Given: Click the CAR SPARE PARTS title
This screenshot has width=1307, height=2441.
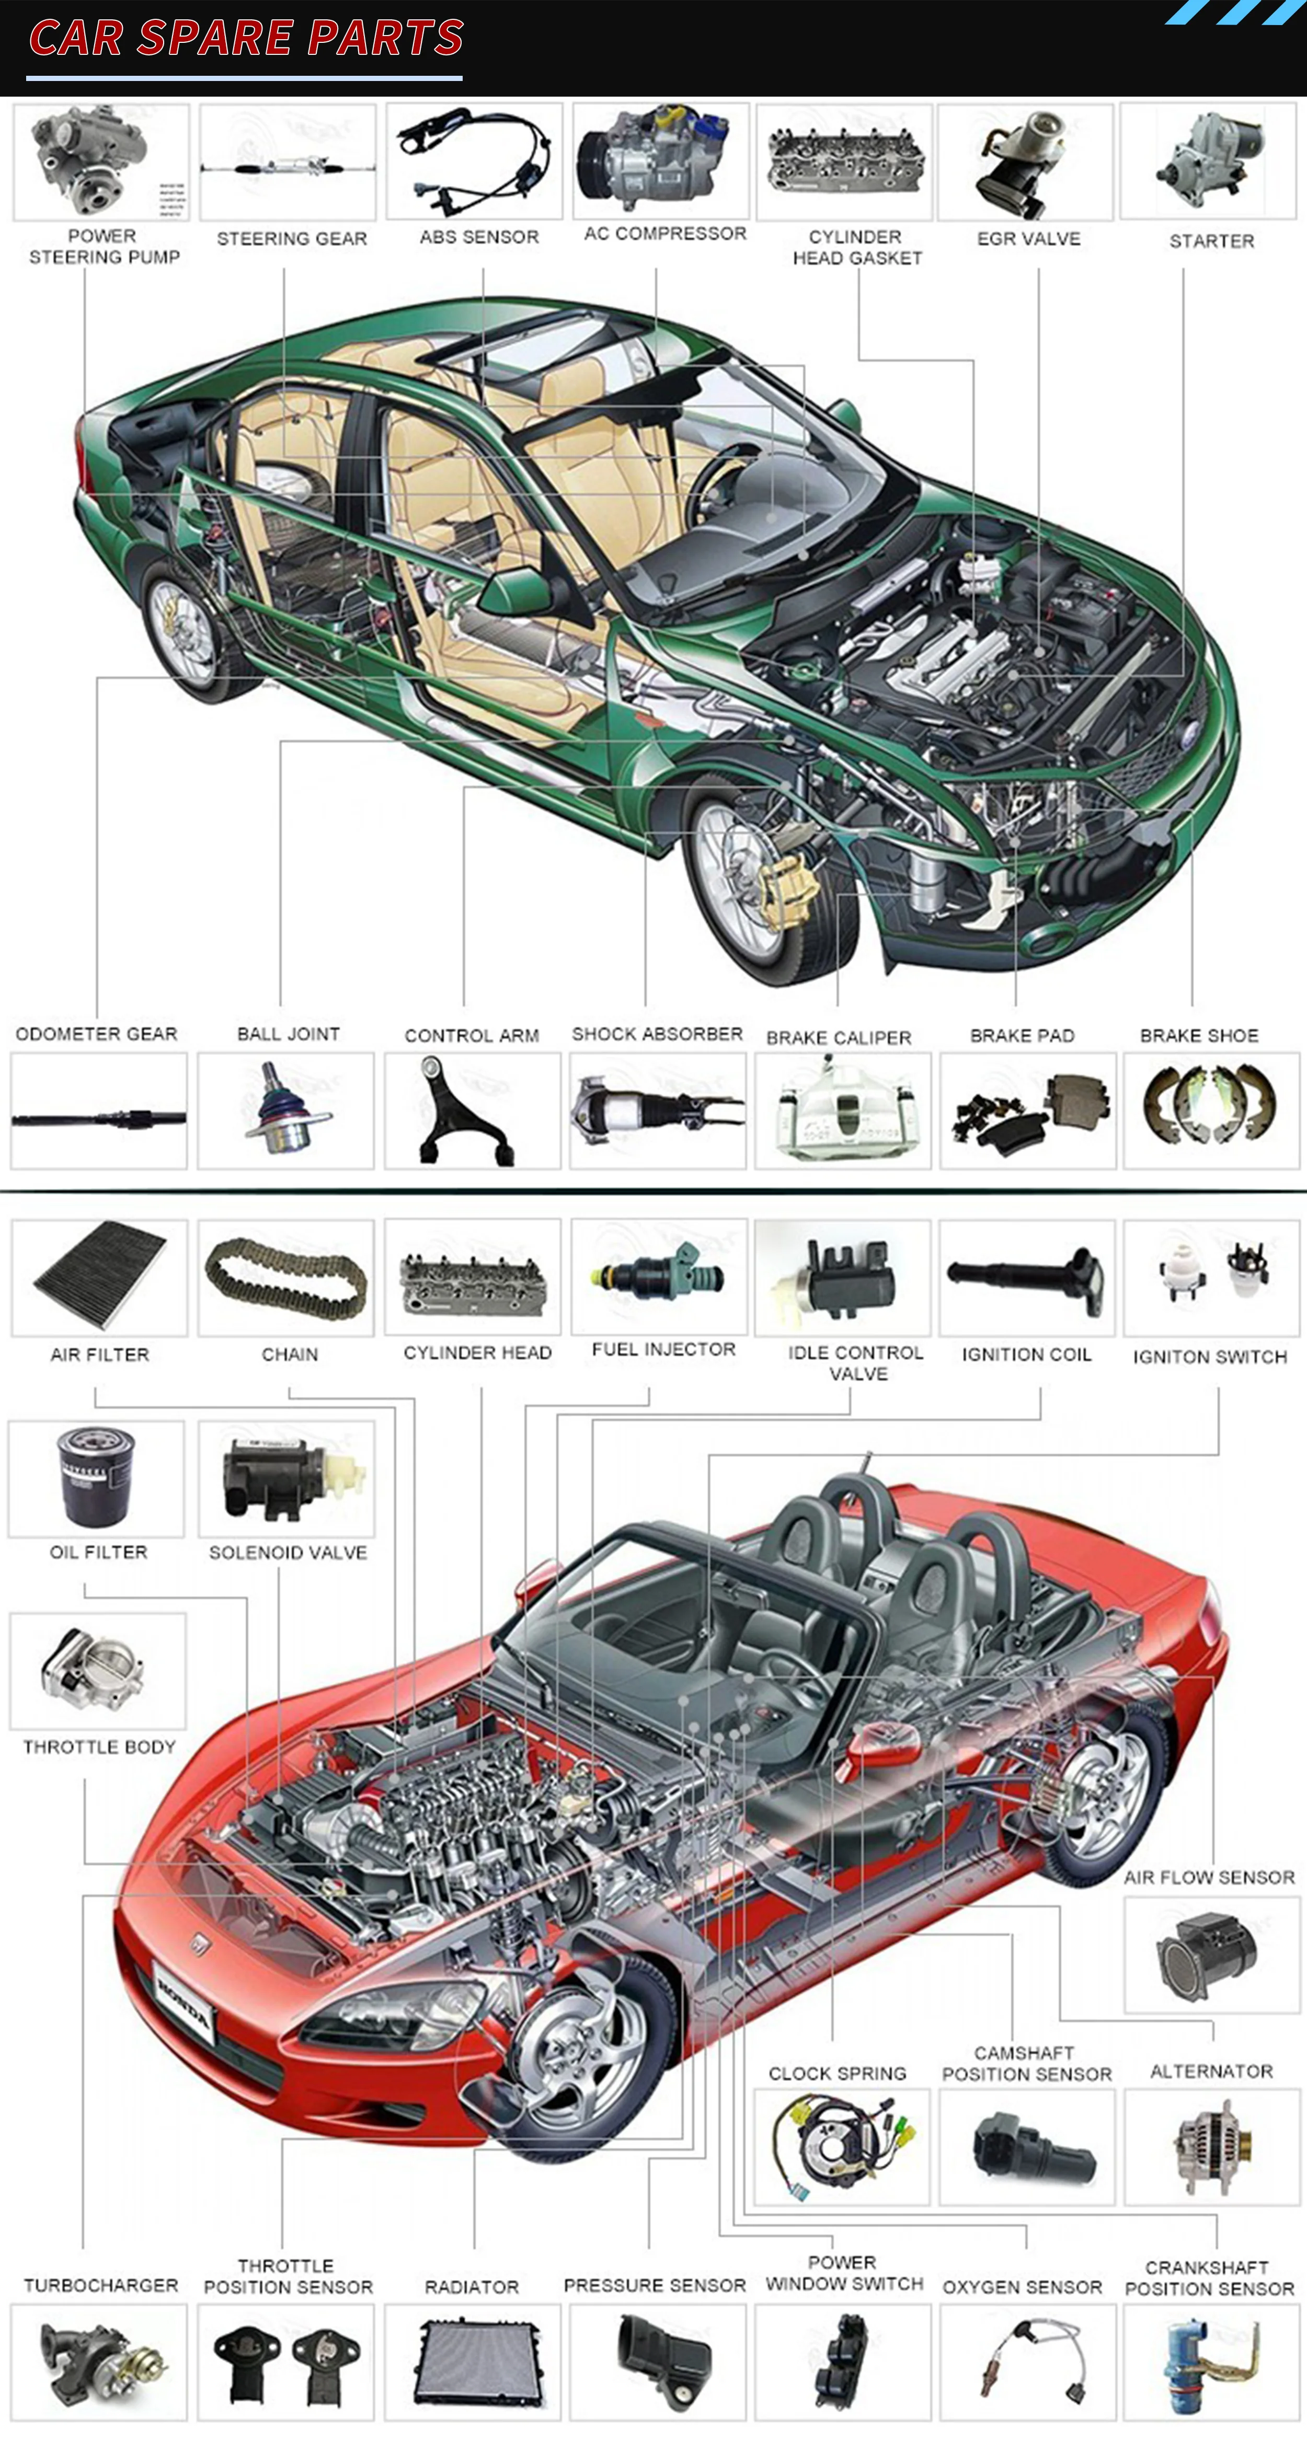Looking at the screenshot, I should (x=246, y=38).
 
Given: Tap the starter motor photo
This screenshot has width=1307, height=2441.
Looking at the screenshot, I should (x=1209, y=161).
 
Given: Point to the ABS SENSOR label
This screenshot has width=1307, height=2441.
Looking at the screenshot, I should (x=479, y=237).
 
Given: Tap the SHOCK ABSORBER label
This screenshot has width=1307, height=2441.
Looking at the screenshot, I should (x=657, y=1034).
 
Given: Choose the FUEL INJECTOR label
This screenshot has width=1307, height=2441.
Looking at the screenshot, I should (x=663, y=1349).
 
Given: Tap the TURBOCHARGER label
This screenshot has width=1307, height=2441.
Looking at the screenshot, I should (x=100, y=2286).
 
